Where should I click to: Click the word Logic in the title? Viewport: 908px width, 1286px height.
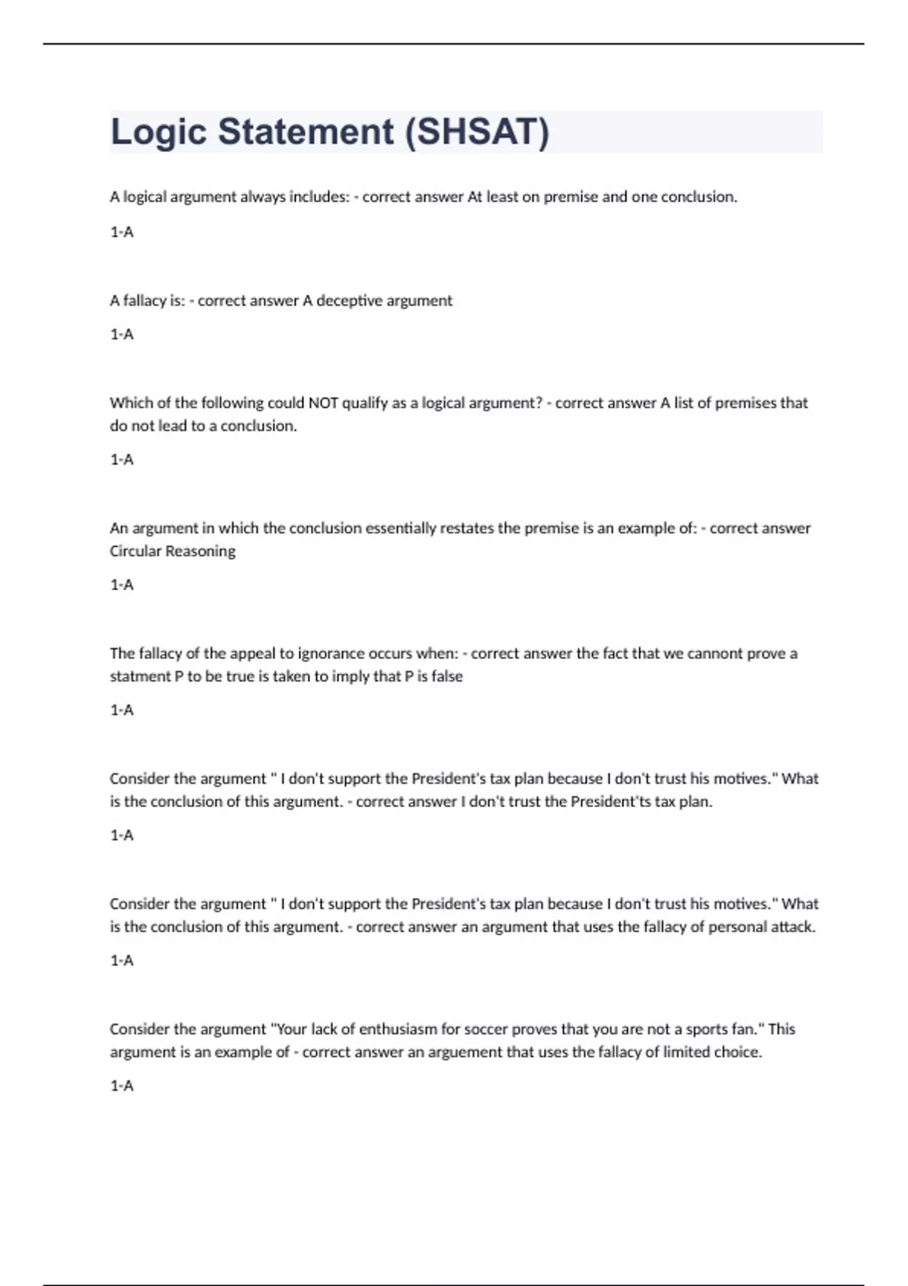(x=158, y=132)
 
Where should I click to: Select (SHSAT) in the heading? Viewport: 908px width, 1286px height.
(x=477, y=132)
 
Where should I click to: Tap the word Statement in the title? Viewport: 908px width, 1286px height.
(x=306, y=132)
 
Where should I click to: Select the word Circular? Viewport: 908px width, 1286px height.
(x=135, y=551)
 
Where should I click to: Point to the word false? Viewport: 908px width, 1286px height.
(x=446, y=676)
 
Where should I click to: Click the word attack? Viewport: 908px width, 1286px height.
(x=792, y=927)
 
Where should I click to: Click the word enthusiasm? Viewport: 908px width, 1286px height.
(x=398, y=1029)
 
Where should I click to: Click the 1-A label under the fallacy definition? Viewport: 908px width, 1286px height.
(x=122, y=334)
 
